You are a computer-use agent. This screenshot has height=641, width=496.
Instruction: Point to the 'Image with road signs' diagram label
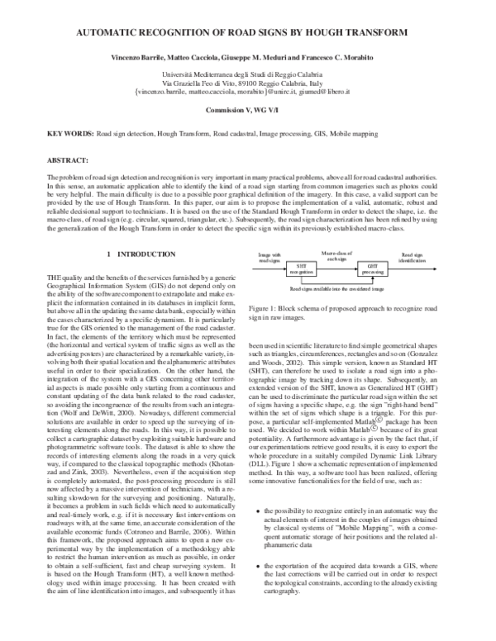(269, 259)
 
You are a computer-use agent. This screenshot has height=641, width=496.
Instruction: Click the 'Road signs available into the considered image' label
(336, 289)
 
